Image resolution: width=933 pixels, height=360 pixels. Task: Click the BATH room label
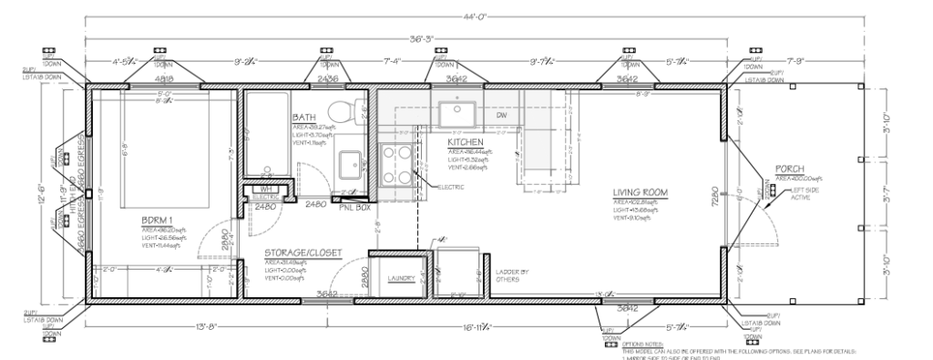(x=304, y=118)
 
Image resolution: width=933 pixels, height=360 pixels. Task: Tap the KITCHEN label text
(x=466, y=143)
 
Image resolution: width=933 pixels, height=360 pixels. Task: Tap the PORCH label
(x=789, y=170)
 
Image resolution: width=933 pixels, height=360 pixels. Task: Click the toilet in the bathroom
(x=343, y=112)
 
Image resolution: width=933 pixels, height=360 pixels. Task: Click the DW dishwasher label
(x=501, y=116)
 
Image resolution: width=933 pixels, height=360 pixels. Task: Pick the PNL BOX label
(x=352, y=207)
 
